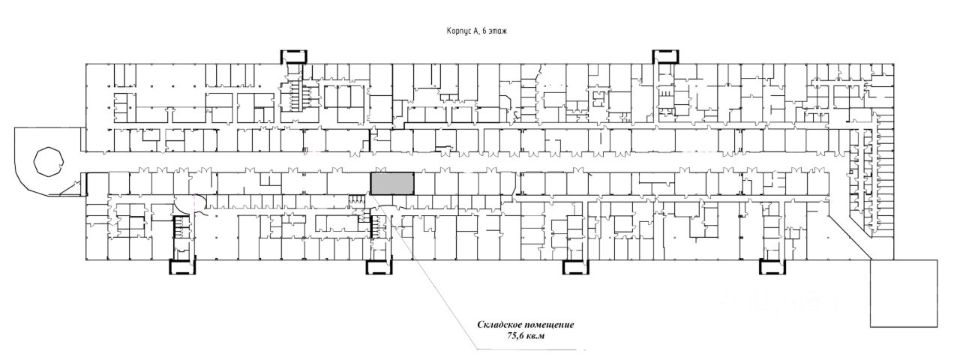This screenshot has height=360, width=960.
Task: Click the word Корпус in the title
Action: (457, 31)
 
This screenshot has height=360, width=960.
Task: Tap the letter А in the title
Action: (475, 31)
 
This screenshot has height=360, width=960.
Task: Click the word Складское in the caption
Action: (504, 325)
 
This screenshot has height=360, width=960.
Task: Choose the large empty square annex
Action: (904, 293)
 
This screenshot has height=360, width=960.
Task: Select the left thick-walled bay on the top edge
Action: (293, 56)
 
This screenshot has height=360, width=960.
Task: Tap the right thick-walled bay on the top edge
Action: (664, 56)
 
